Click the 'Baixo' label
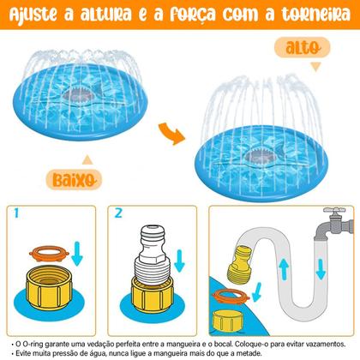click(93, 180)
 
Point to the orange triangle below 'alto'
click(315, 67)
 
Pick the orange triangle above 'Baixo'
click(86, 159)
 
